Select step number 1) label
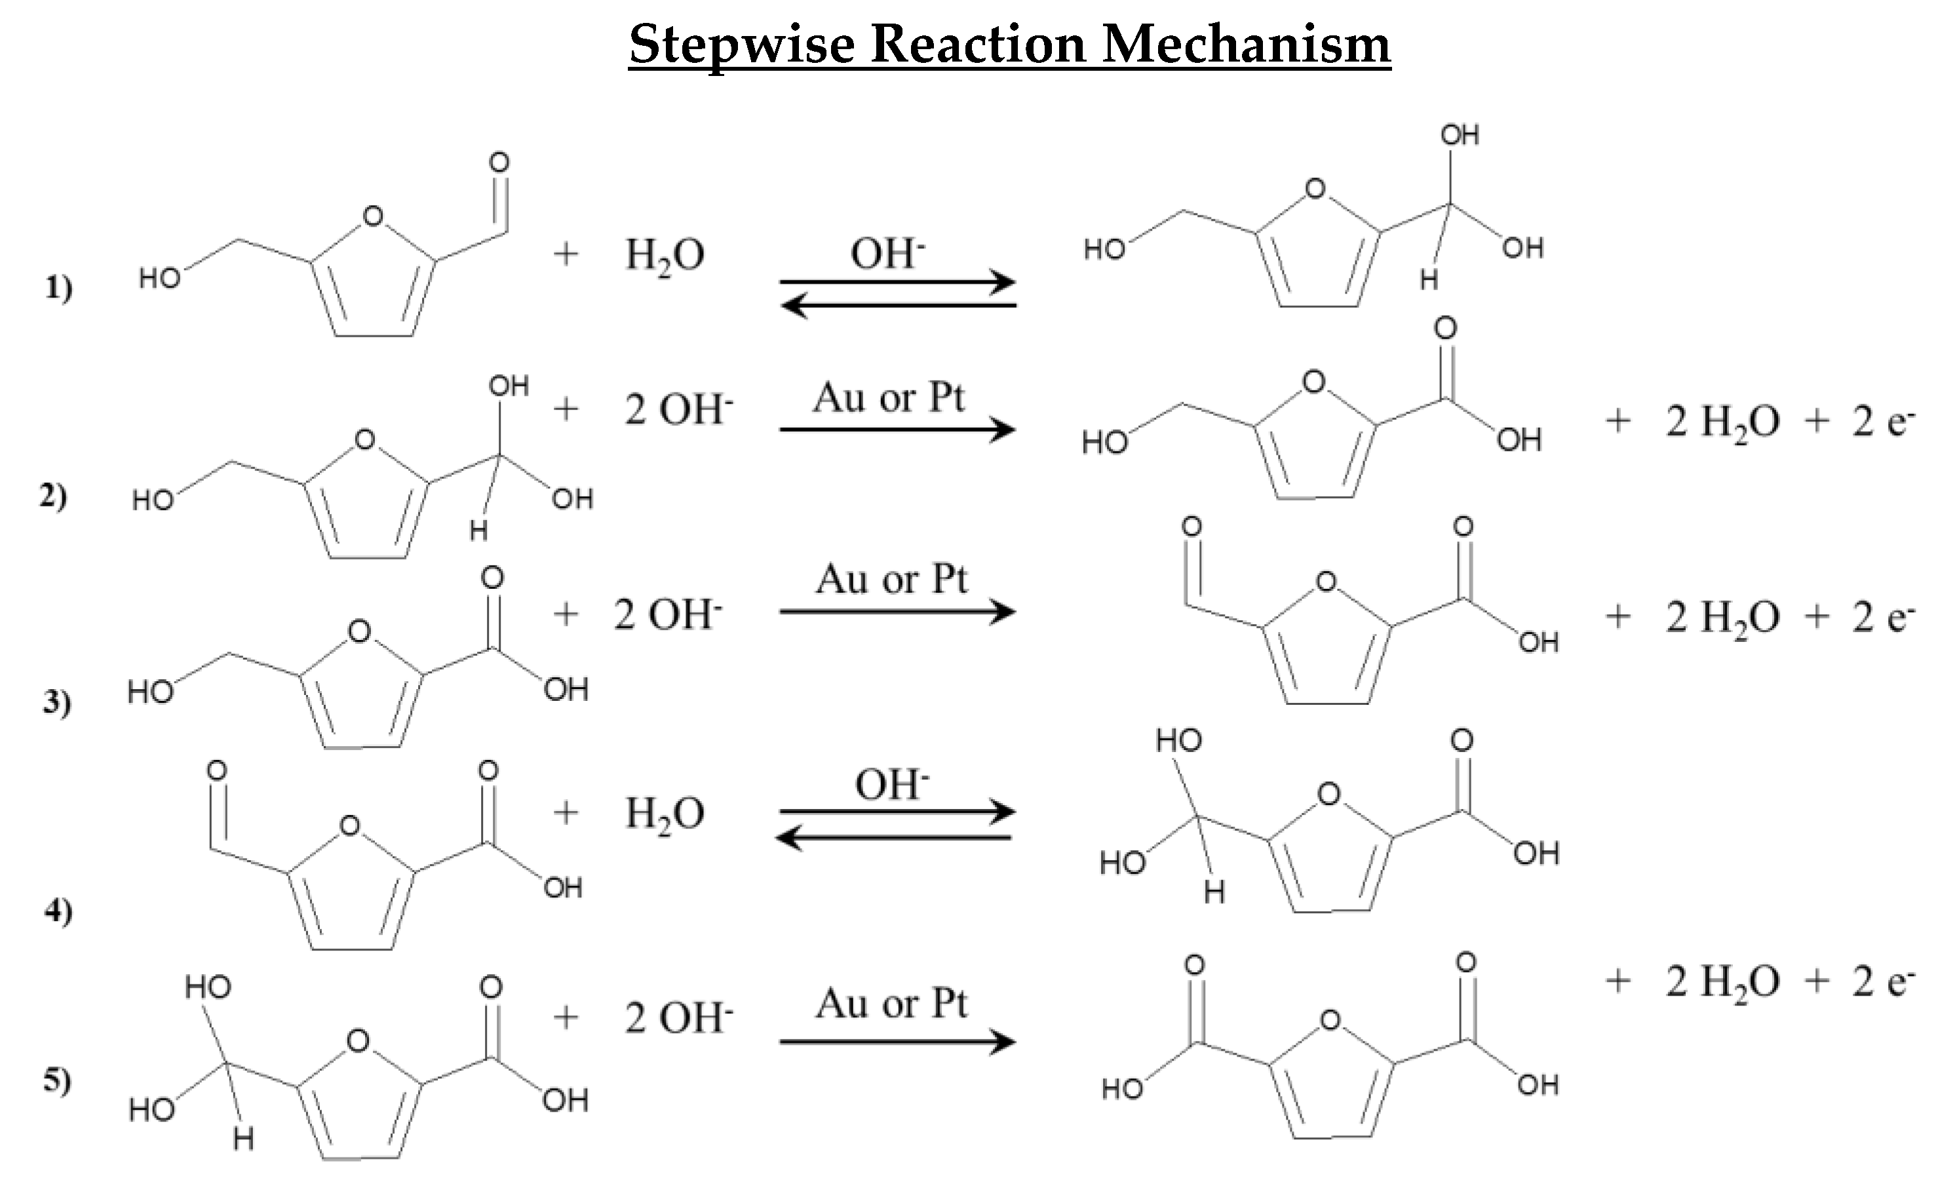click(58, 289)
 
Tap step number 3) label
click(56, 702)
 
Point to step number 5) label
click(56, 1082)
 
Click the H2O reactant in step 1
click(665, 255)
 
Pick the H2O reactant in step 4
click(665, 814)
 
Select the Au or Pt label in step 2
click(889, 398)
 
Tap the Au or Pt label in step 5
click(891, 1004)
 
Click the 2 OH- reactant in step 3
click(668, 615)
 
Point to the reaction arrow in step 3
click(897, 612)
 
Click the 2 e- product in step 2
click(1883, 423)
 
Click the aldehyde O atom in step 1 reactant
click(499, 162)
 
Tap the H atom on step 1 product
click(1429, 279)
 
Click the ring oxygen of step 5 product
click(1330, 1021)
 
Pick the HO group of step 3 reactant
click(150, 692)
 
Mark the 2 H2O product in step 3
click(1722, 617)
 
